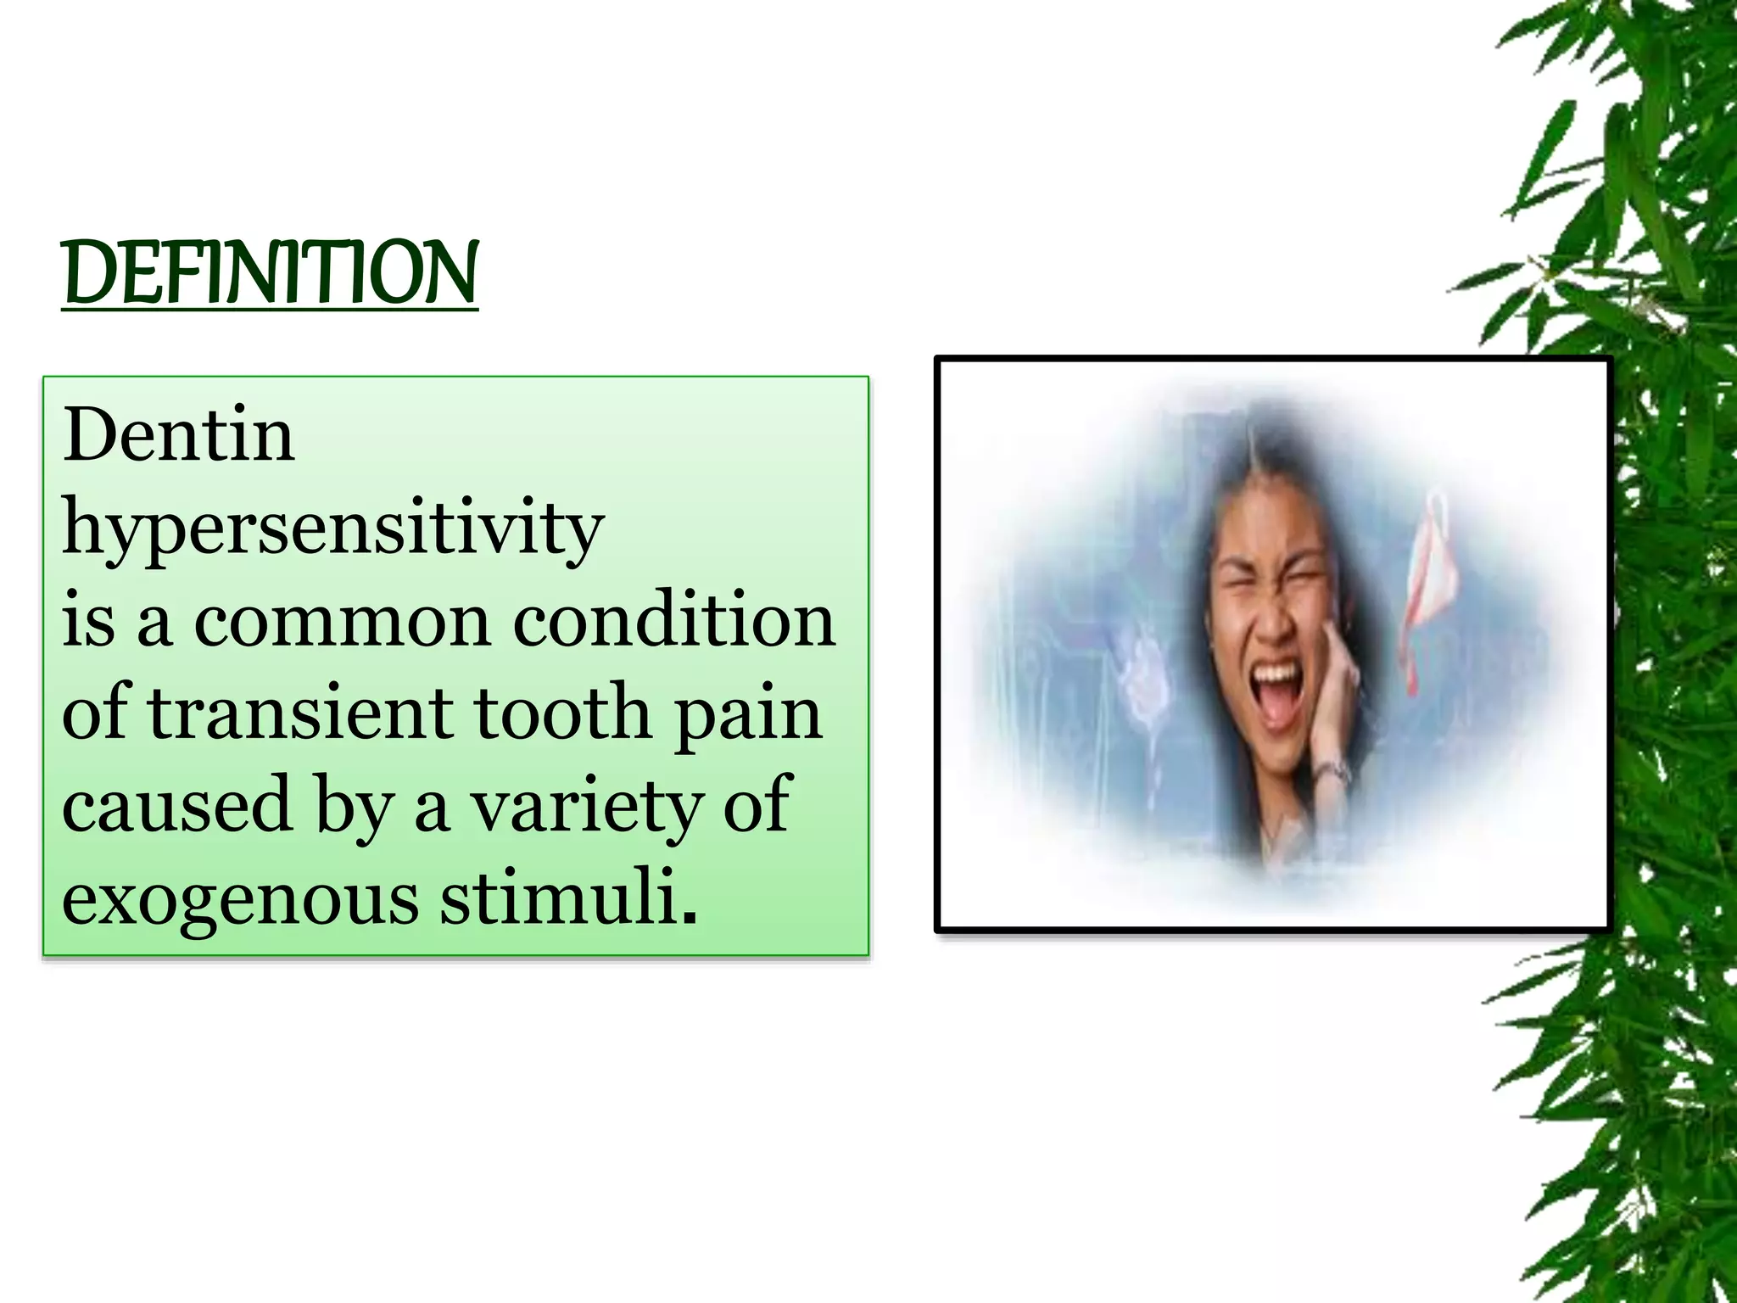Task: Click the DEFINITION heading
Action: click(270, 272)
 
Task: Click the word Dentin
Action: click(178, 435)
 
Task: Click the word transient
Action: click(300, 713)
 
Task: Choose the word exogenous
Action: click(240, 899)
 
